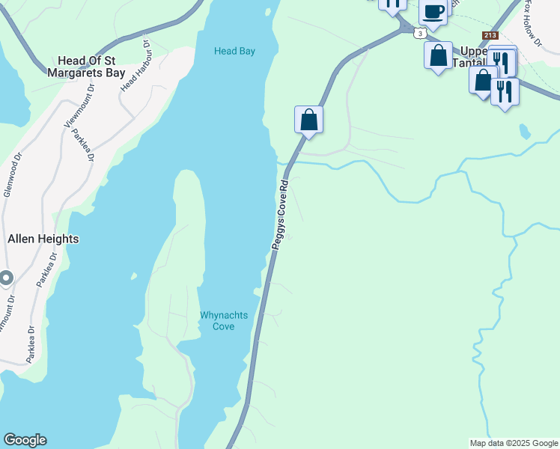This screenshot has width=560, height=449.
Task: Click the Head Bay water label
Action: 234,51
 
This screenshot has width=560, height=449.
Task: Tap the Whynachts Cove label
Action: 224,320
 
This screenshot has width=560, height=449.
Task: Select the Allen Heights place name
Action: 43,239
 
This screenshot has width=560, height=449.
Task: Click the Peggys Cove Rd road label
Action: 280,214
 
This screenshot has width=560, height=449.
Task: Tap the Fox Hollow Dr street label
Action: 532,22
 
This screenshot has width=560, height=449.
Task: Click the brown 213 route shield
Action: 490,35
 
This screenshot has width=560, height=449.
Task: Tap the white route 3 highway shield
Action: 421,33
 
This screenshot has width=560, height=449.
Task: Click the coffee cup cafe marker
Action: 433,10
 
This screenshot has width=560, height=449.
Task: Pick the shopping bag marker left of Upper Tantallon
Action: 438,55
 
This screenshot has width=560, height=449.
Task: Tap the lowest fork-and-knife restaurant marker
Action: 505,91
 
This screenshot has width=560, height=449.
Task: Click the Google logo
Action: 25,440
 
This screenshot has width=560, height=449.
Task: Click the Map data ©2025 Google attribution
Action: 514,443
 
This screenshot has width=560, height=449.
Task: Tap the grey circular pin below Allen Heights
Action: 6,279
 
